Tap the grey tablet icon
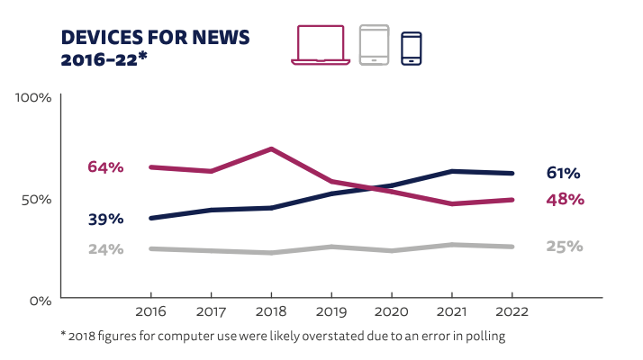[373, 45]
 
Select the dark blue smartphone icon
[411, 48]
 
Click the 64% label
[105, 166]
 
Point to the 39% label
[105, 219]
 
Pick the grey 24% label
[105, 249]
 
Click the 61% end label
[563, 173]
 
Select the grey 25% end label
[565, 246]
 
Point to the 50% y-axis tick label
[37, 198]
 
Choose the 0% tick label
[41, 299]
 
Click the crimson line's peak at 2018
[271, 148]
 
